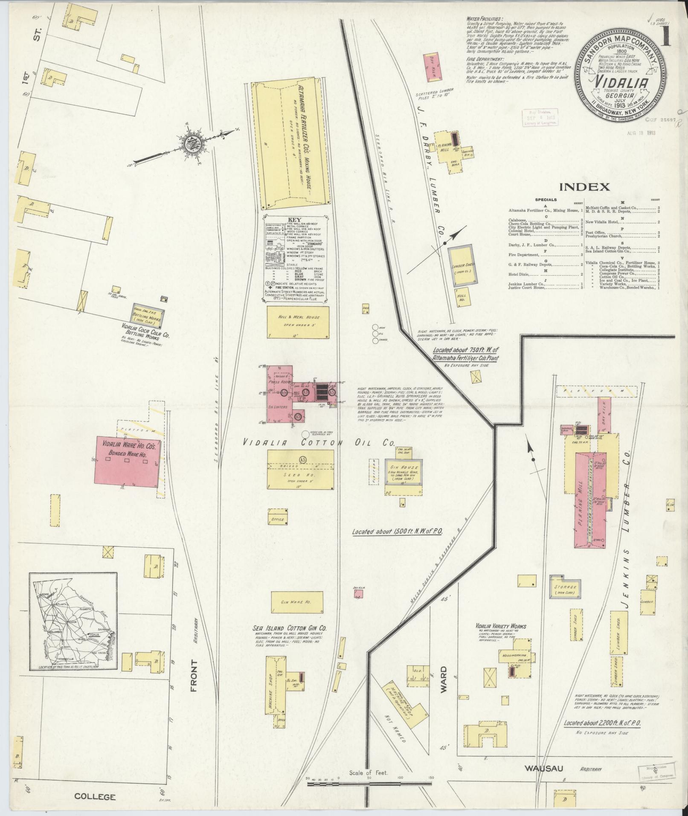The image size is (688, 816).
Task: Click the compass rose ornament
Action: pyautogui.click(x=191, y=143)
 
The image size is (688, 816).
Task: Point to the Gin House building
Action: pyautogui.click(x=403, y=471)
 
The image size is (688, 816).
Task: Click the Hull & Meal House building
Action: pyautogui.click(x=298, y=322)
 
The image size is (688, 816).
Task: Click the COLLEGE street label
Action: pyautogui.click(x=95, y=796)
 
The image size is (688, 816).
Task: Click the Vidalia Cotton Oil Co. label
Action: pyautogui.click(x=317, y=443)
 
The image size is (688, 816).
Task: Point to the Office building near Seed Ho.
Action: pyautogui.click(x=278, y=520)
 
